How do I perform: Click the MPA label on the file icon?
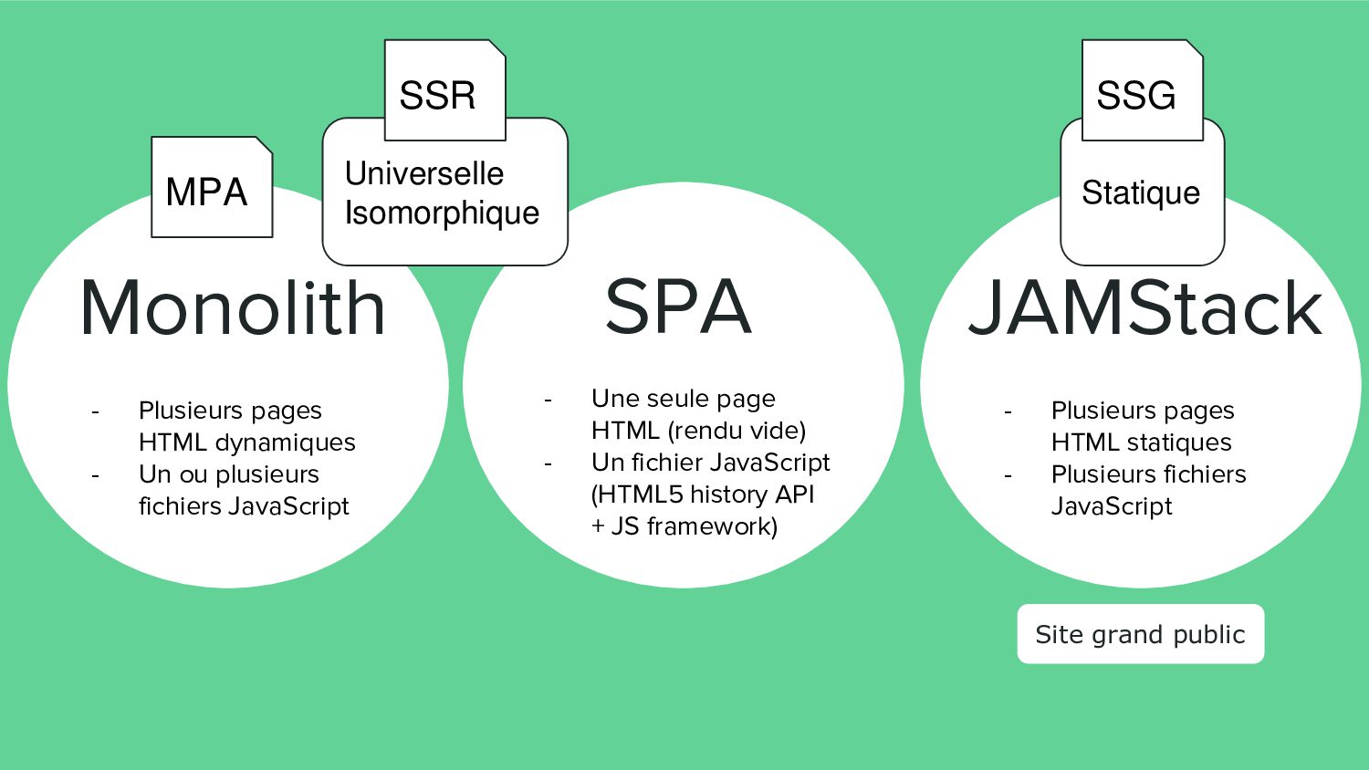pyautogui.click(x=207, y=192)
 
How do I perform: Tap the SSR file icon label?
pyautogui.click(x=438, y=96)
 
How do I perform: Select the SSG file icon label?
pyautogui.click(x=1136, y=96)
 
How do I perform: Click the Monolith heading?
pyautogui.click(x=233, y=308)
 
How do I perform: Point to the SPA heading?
pyautogui.click(x=678, y=307)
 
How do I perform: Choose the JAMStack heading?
pyautogui.click(x=1145, y=308)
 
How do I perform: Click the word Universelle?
pyautogui.click(x=424, y=173)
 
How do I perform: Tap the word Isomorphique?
pyautogui.click(x=442, y=213)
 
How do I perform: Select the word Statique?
pyautogui.click(x=1141, y=193)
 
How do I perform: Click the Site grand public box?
pyautogui.click(x=1140, y=634)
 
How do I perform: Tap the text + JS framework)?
pyautogui.click(x=684, y=526)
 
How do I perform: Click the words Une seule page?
pyautogui.click(x=684, y=399)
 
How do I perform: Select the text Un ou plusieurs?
pyautogui.click(x=229, y=474)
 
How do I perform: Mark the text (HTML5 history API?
pyautogui.click(x=703, y=494)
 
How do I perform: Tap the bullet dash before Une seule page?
pyautogui.click(x=549, y=400)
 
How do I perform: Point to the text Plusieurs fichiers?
pyautogui.click(x=1148, y=474)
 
